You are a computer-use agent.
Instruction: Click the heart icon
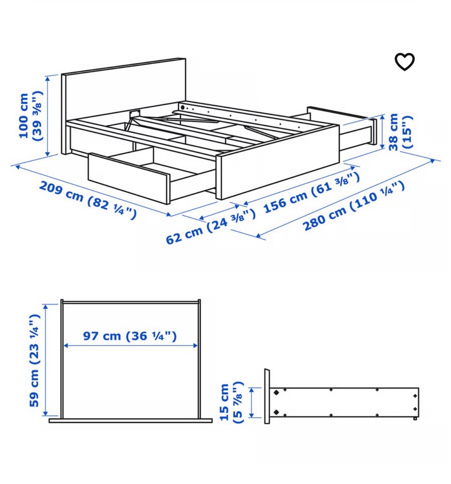pos(404,62)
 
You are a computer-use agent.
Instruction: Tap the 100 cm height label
pos(31,116)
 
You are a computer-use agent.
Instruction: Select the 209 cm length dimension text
pos(88,200)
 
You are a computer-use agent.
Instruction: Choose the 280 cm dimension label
pos(354,205)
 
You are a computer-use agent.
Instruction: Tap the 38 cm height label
pos(400,132)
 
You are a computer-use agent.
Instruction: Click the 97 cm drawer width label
pos(130,336)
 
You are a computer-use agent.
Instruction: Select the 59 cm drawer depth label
pos(34,361)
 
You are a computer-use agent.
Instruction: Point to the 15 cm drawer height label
pos(231,402)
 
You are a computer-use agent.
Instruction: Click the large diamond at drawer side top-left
pos(276,393)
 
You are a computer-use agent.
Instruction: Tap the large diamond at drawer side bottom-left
pos(276,411)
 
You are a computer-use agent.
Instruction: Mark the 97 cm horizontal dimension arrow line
pos(131,346)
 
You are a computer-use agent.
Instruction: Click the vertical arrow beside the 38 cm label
pos(382,132)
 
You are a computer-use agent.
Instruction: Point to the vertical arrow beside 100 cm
pos(47,116)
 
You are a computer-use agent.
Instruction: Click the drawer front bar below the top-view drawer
pos(131,420)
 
